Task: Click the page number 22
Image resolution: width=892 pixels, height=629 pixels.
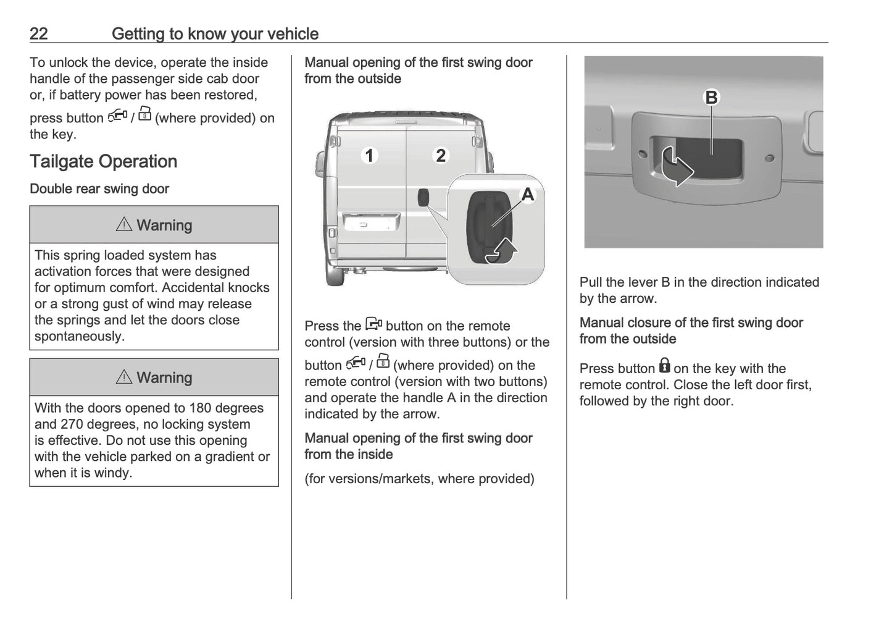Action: pyautogui.click(x=38, y=33)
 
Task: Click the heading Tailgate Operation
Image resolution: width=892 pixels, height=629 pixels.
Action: pyautogui.click(x=103, y=161)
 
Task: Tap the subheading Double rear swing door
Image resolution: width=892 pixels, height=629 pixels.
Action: pyautogui.click(x=99, y=189)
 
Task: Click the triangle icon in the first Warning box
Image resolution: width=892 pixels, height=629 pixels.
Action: pyautogui.click(x=124, y=225)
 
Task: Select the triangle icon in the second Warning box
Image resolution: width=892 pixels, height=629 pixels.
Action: pyautogui.click(x=124, y=377)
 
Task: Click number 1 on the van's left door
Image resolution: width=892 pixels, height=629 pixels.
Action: pyautogui.click(x=369, y=155)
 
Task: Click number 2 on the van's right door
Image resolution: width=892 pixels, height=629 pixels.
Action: pyautogui.click(x=440, y=155)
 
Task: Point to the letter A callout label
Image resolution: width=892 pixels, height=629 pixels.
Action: pyautogui.click(x=528, y=195)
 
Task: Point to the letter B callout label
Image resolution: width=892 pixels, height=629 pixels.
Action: pyautogui.click(x=711, y=98)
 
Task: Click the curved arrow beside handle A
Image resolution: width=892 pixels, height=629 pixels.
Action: pyautogui.click(x=502, y=251)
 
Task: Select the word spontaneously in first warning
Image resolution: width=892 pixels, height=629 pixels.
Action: pyautogui.click(x=79, y=337)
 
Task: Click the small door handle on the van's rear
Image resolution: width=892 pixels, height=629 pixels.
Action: pyautogui.click(x=424, y=198)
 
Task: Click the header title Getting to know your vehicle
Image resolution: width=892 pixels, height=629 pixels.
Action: pyautogui.click(x=215, y=33)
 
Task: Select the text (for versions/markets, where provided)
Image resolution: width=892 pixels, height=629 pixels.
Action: pyautogui.click(x=419, y=479)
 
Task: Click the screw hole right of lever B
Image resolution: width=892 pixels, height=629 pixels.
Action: pyautogui.click(x=769, y=158)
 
